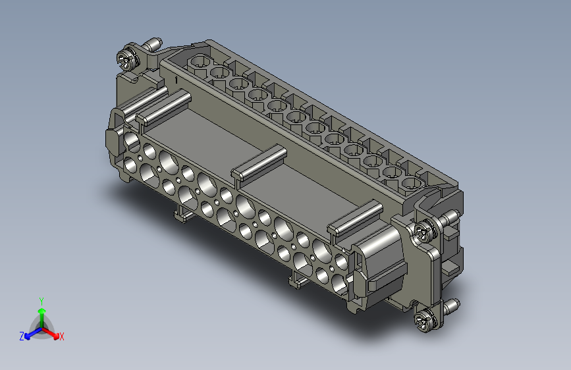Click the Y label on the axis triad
tap(41, 302)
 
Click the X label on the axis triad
tap(61, 337)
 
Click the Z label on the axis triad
tap(22, 336)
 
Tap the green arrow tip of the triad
tap(42, 311)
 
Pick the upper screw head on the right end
tap(424, 231)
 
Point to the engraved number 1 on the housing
tap(177, 80)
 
